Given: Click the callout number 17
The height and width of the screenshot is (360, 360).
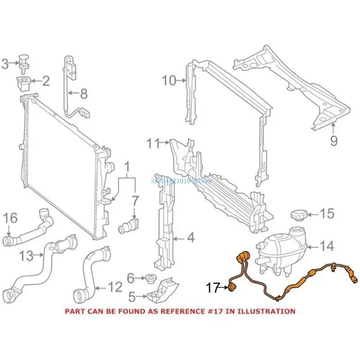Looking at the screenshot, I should [213, 287].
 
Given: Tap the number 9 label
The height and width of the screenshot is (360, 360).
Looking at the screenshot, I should [333, 141].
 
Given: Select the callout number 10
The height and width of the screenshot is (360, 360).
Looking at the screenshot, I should [170, 81].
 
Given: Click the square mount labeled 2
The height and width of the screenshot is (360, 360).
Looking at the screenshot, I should [24, 83].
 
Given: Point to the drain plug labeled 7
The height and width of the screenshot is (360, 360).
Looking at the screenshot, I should [129, 224].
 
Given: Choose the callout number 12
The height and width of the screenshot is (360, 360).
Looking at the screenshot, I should [115, 285].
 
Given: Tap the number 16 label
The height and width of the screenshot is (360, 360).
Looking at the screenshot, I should [11, 219].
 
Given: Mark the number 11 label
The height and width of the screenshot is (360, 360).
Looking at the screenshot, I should [153, 144].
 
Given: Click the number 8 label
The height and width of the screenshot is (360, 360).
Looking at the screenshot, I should [84, 94].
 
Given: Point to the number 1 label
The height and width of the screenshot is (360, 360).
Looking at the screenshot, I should [127, 168].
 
